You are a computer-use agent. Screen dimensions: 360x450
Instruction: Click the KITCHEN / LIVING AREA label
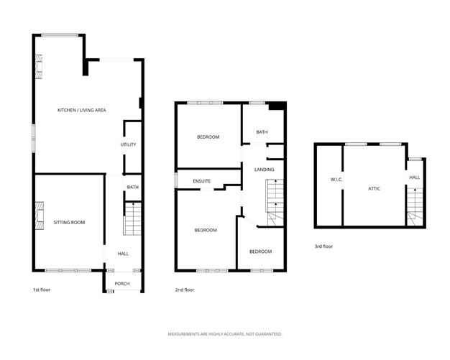pyautogui.click(x=82, y=110)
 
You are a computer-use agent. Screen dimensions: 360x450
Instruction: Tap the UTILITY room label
pyautogui.click(x=128, y=144)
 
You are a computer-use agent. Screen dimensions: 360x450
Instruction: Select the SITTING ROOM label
pyautogui.click(x=69, y=223)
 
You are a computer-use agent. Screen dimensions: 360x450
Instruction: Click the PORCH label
pyautogui.click(x=122, y=283)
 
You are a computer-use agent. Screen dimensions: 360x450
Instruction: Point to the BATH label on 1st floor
pyautogui.click(x=132, y=188)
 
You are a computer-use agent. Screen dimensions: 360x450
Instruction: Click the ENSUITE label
pyautogui.click(x=202, y=181)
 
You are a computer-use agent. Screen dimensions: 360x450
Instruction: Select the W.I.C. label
pyautogui.click(x=336, y=178)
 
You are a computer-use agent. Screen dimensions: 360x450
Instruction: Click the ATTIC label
pyautogui.click(x=374, y=188)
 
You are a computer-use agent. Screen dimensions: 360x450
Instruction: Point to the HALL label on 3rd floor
pyautogui.click(x=415, y=177)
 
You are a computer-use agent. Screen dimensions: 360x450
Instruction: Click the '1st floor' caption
pyautogui.click(x=41, y=290)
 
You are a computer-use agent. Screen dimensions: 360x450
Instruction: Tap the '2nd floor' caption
pyautogui.click(x=185, y=290)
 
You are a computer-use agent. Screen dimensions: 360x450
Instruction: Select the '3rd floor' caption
pyautogui.click(x=323, y=246)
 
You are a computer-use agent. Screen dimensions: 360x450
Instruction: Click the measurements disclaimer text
pyautogui.click(x=225, y=334)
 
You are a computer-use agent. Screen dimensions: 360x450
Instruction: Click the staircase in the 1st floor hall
pyautogui.click(x=133, y=218)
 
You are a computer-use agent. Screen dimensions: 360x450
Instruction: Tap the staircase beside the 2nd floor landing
pyautogui.click(x=275, y=203)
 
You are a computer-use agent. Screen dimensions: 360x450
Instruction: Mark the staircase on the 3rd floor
pyautogui.click(x=415, y=206)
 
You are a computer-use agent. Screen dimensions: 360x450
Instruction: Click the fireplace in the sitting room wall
pyautogui.click(x=40, y=213)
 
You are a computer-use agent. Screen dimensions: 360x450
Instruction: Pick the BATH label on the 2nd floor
pyautogui.click(x=262, y=132)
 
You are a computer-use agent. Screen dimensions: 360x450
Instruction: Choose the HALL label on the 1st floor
pyautogui.click(x=123, y=254)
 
